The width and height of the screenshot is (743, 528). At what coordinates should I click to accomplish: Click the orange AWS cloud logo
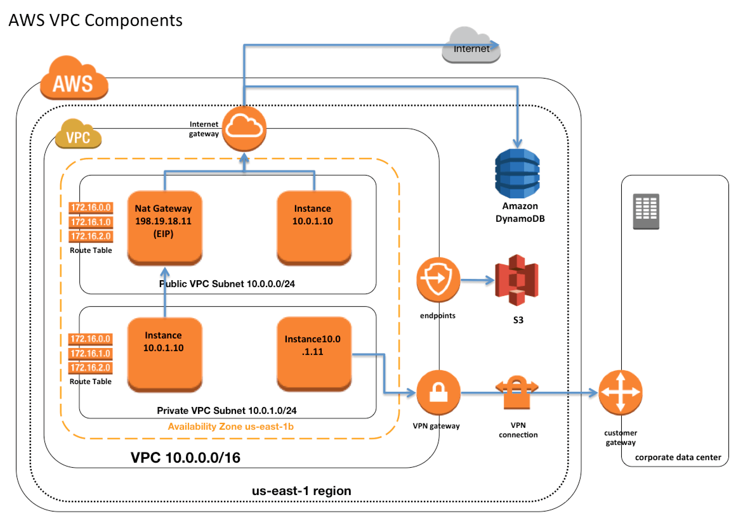pos(74,79)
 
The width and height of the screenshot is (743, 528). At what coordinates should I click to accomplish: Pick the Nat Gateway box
pos(164,228)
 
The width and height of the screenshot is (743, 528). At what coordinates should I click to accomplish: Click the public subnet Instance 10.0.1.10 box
pos(313,228)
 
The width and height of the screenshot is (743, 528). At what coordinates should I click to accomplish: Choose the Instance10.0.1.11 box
pos(313,354)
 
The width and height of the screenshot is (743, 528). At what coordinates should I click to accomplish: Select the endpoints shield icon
pos(438,279)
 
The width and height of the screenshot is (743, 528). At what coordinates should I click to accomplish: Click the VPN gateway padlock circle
pos(438,392)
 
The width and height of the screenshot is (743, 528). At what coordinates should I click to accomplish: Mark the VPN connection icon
pos(516,392)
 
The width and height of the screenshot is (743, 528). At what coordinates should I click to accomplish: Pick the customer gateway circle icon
pos(620,392)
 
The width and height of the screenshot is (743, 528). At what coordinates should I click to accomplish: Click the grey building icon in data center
pos(645,211)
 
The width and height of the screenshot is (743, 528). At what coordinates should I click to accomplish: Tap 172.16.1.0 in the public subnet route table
pos(91,222)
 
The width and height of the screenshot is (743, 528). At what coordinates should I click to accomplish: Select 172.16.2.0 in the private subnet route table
pos(90,368)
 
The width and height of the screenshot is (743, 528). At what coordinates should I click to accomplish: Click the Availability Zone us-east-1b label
pos(230,426)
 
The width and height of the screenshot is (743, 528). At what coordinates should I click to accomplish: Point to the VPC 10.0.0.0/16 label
pos(185,457)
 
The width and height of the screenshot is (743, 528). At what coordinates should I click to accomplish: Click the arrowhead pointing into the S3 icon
pos(490,280)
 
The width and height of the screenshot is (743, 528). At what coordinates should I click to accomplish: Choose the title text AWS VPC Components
pos(95,20)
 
